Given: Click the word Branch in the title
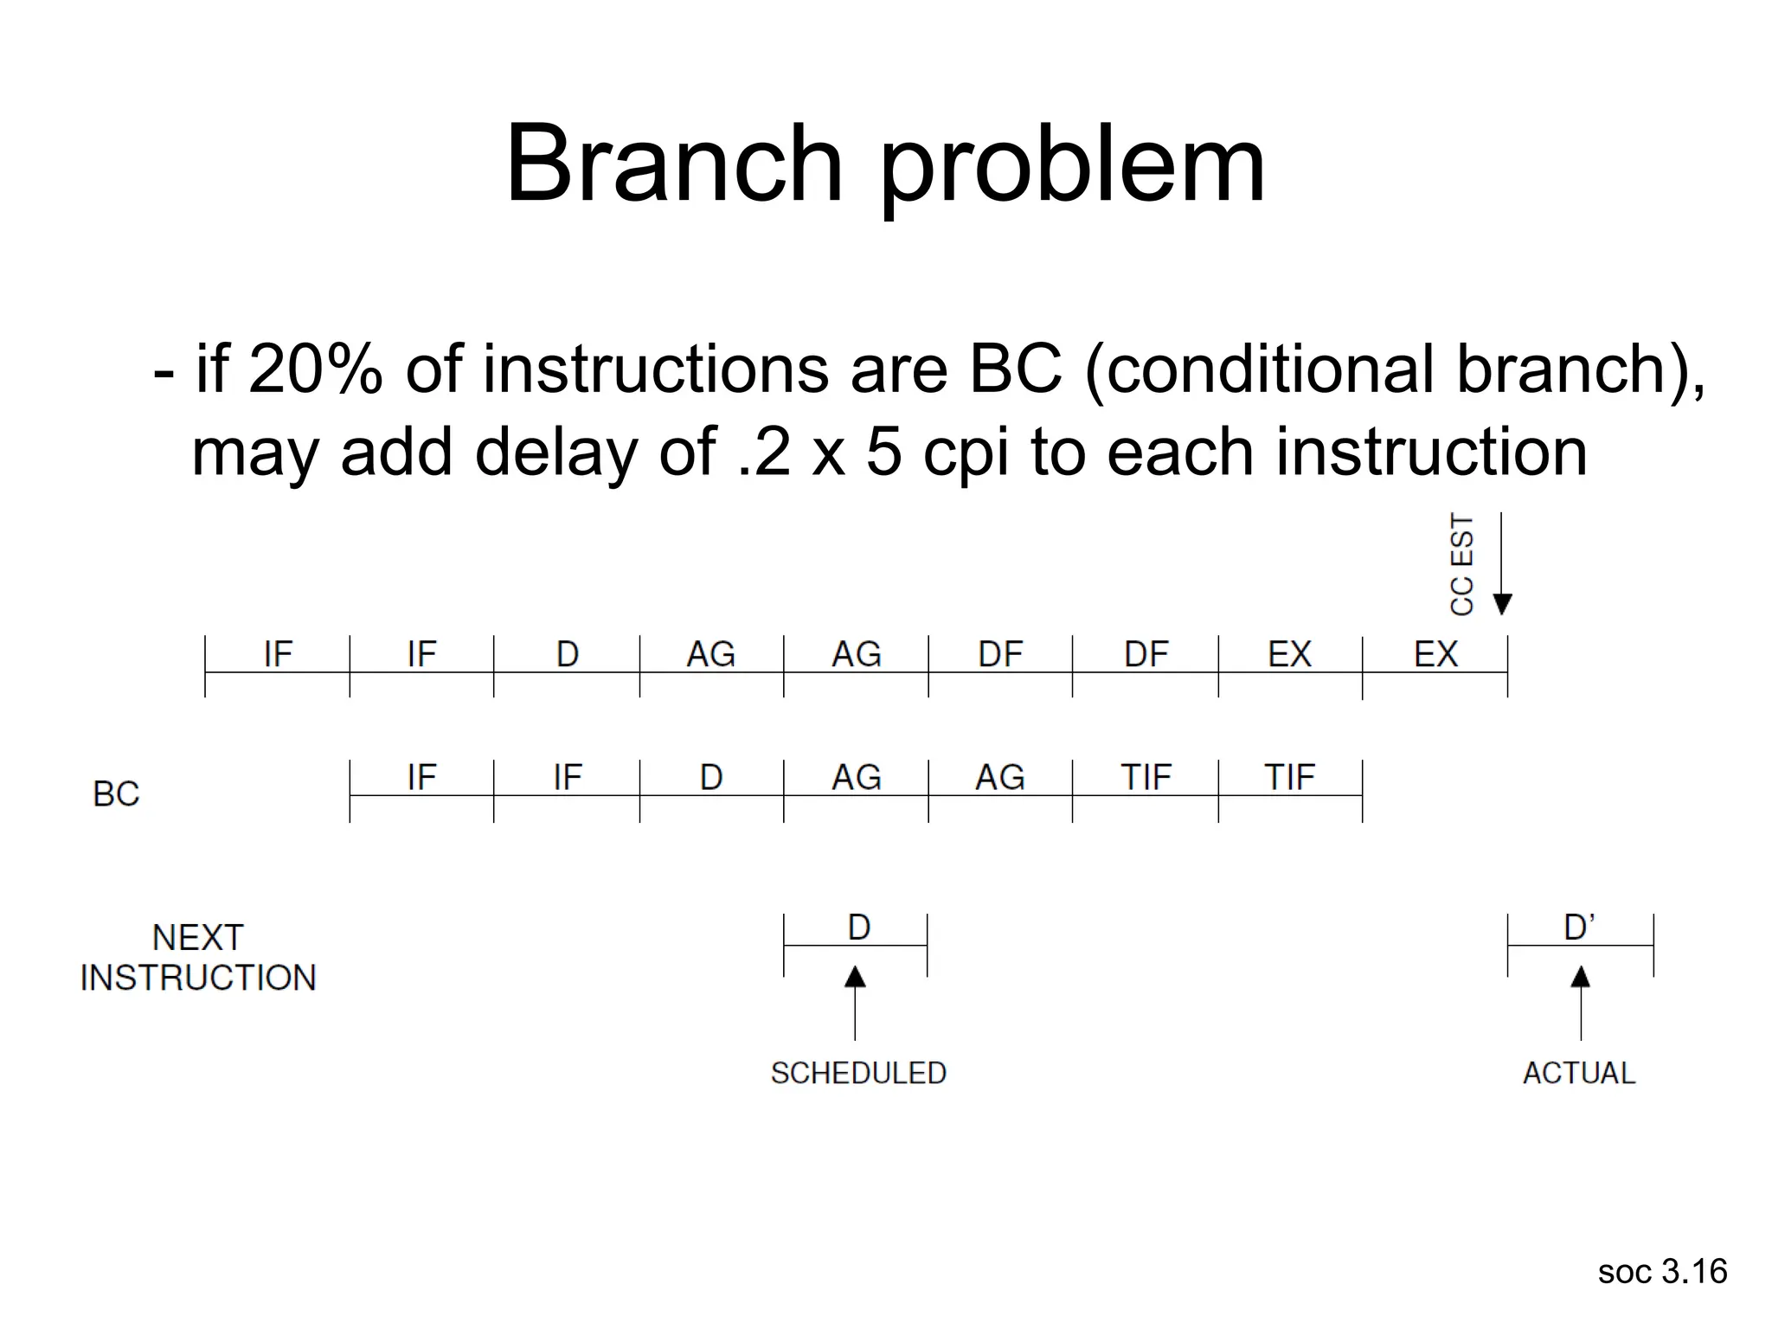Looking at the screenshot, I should pyautogui.click(x=673, y=164).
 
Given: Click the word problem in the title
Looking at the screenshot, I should pyautogui.click(x=1072, y=169).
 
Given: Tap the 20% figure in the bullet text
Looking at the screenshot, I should pyautogui.click(x=315, y=369).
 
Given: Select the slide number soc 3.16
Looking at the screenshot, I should pyautogui.click(x=1662, y=1272).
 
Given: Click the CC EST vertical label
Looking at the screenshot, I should pyautogui.click(x=1461, y=564).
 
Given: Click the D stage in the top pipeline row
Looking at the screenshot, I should pyautogui.click(x=567, y=656).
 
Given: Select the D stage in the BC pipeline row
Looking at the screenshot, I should pyautogui.click(x=711, y=779).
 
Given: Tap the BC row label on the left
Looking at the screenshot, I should pyautogui.click(x=116, y=794).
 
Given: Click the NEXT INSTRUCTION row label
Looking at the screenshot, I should pyautogui.click(x=198, y=958).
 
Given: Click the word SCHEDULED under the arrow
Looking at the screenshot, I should pyautogui.click(x=858, y=1074).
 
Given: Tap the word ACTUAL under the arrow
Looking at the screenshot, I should pyautogui.click(x=1579, y=1074).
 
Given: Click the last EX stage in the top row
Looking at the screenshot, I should pyautogui.click(x=1435, y=656).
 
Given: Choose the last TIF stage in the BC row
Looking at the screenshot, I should pyautogui.click(x=1290, y=779).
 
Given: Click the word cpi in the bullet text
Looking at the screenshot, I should pyautogui.click(x=966, y=453).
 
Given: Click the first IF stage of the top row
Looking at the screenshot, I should pyautogui.click(x=278, y=656).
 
